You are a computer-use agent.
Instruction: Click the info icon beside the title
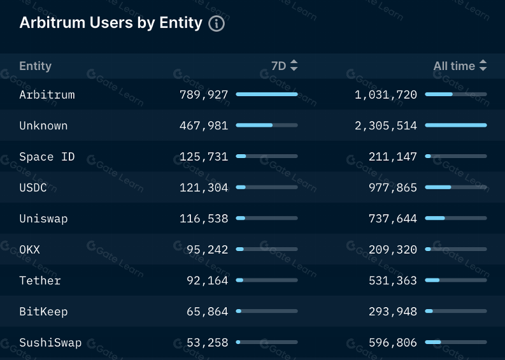coord(217,24)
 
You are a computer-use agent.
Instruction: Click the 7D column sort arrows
coord(294,66)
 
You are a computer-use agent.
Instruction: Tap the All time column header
coord(454,66)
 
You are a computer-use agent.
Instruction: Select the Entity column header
coord(36,66)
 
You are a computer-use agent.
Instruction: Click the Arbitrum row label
coord(47,95)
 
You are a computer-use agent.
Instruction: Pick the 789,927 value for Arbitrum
coord(204,95)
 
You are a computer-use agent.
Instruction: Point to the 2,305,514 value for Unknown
coord(386,126)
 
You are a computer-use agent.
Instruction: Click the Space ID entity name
coord(47,157)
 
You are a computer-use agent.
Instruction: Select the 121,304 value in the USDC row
coord(204,188)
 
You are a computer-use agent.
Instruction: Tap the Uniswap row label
coord(43,219)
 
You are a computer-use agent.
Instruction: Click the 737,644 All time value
coord(393,219)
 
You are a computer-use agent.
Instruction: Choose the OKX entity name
coord(30,250)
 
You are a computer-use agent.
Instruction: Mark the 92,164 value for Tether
coord(207,280)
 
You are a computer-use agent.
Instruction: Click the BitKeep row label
coord(43,312)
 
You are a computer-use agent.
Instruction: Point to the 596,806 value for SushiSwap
coord(393,343)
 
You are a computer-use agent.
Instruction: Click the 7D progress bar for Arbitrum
coord(266,94)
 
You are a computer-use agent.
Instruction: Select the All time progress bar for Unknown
coord(455,126)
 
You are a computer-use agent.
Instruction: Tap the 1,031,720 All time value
coord(386,95)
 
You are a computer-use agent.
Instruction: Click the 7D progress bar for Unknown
coord(266,126)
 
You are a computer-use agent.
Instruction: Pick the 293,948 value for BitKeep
coord(393,312)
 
